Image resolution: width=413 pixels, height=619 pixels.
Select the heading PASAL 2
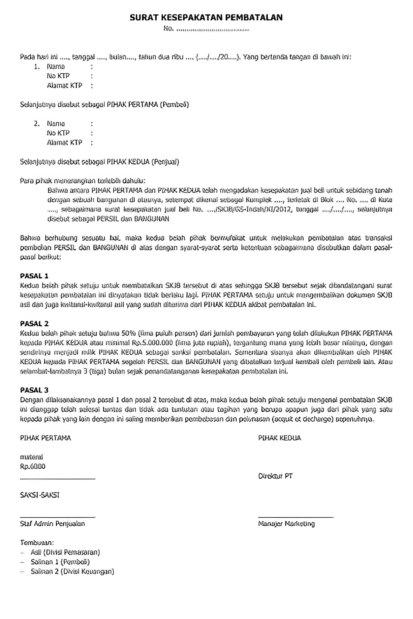pyautogui.click(x=34, y=324)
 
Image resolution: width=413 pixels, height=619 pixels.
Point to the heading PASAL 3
pyautogui.click(x=34, y=390)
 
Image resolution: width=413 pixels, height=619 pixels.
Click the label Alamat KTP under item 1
pyautogui.click(x=65, y=86)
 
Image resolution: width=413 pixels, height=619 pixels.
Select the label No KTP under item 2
pyautogui.click(x=58, y=133)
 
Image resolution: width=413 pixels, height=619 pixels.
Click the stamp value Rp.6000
pyautogui.click(x=33, y=467)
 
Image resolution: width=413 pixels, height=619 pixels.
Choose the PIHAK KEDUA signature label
pyautogui.click(x=280, y=438)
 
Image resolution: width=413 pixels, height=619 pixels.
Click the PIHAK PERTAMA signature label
pyautogui.click(x=45, y=438)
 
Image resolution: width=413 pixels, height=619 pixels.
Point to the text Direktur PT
pyautogui.click(x=275, y=476)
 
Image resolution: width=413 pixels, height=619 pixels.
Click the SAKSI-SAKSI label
pyautogui.click(x=40, y=495)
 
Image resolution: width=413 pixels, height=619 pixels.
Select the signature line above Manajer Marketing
pyautogui.click(x=296, y=517)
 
